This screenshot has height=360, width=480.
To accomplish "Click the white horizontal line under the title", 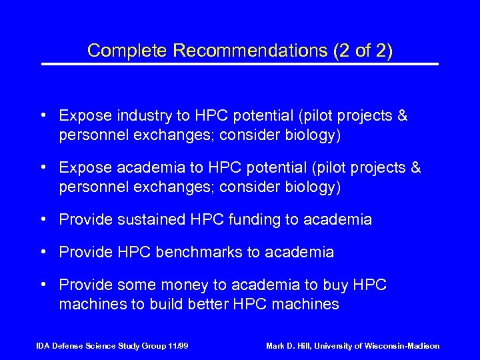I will click(x=240, y=64).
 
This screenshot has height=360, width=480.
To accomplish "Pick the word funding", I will click(x=258, y=219).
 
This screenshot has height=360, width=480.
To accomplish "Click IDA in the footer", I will click(x=43, y=346).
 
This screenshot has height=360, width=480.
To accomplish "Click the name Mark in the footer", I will click(x=277, y=346).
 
